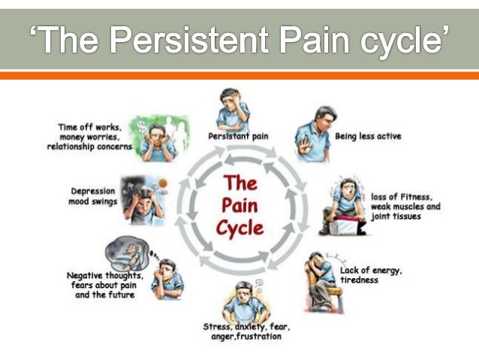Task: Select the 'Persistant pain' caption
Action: click(239, 136)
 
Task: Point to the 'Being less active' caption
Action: click(368, 136)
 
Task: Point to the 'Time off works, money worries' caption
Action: click(95, 137)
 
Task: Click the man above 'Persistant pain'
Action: click(233, 109)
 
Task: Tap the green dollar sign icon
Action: click(140, 127)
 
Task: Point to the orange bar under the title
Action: click(239, 76)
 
